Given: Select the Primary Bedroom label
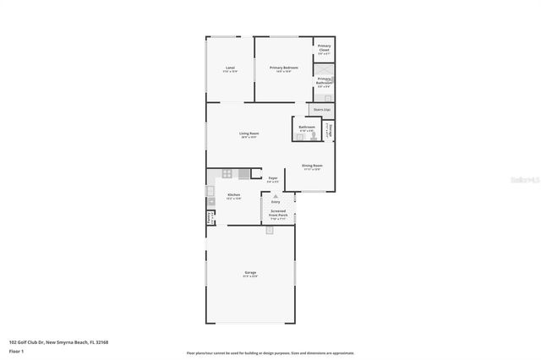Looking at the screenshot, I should [x=283, y=68].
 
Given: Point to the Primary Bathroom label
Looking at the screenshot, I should [x=324, y=80].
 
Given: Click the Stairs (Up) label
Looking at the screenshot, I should [x=321, y=110].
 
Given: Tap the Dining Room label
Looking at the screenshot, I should [x=312, y=166].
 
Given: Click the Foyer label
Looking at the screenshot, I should [x=273, y=179].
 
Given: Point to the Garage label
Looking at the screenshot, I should [x=250, y=274].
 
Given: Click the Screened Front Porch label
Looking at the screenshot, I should [x=278, y=215].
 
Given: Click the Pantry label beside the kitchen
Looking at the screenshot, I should [x=210, y=217].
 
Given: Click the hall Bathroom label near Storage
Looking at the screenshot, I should [x=306, y=128].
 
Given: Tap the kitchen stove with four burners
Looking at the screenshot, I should [x=226, y=174].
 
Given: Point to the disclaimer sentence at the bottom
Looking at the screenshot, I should [x=270, y=352].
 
